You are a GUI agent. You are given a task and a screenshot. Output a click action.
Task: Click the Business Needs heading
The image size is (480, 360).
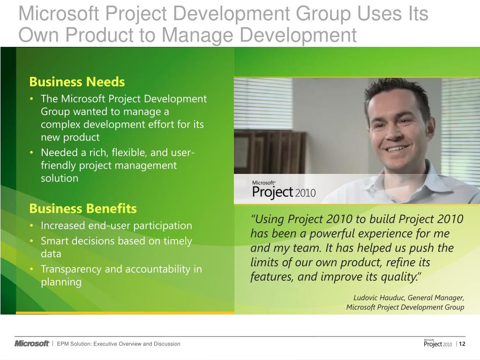77,82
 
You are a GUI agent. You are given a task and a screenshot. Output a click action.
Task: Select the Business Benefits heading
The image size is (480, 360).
83,208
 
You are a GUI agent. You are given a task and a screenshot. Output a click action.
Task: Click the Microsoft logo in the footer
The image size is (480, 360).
32,344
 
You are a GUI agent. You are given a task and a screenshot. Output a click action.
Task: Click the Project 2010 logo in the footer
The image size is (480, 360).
438,344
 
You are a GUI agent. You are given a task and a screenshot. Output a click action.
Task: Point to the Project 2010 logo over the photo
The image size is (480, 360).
284,190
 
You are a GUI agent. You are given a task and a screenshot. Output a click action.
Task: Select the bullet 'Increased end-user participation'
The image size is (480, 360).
116,225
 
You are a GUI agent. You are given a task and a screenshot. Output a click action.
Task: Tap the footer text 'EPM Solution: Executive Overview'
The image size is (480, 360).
119,344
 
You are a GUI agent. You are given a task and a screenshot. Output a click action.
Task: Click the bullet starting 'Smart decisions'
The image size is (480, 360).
116,241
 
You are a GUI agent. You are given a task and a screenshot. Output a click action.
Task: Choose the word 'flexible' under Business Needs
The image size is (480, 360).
107,153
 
